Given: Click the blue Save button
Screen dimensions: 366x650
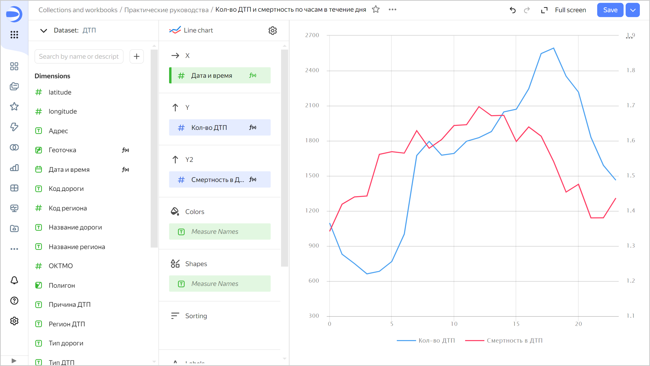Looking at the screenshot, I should pos(610,10).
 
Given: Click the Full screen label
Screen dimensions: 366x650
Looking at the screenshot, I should pos(570,10).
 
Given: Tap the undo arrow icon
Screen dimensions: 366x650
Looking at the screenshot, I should pos(513,10).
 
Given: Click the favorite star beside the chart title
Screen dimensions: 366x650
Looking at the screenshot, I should pos(376,9).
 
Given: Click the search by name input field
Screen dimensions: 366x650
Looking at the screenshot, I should pos(79,56).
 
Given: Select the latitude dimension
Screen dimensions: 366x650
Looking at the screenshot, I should pos(60,92).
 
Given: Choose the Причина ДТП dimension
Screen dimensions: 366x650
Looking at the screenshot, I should pos(70,304).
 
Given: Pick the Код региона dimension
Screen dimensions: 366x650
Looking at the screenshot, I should pos(68,208).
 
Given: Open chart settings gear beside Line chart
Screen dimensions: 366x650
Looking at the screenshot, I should pos(272,30).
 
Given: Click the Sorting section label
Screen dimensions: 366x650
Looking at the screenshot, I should pos(196,316).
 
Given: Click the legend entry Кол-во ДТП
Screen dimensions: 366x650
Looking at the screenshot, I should pos(436,340).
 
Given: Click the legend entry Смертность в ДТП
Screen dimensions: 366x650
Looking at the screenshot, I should pos(514,340).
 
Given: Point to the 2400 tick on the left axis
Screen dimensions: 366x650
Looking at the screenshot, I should pos(312,70).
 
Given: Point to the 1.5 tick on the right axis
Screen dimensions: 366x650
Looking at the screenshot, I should pos(631,176).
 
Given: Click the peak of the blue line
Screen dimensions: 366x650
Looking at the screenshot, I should pos(554,48).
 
